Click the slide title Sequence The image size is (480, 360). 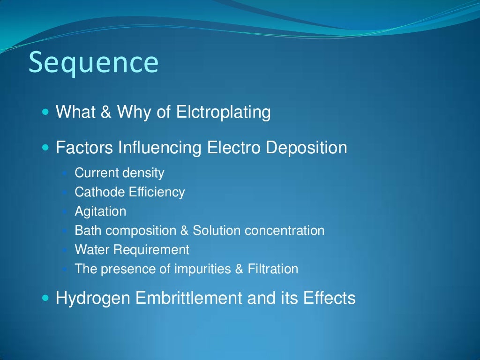point(93,63)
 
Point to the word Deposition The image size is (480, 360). point(306,148)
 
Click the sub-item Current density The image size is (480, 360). point(120,173)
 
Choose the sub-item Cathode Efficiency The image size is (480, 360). point(130,192)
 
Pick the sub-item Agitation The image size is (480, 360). point(100,211)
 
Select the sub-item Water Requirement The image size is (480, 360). point(132,250)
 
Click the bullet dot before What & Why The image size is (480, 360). point(45,113)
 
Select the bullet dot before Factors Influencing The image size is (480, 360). point(45,148)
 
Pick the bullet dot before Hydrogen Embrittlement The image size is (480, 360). point(45,298)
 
